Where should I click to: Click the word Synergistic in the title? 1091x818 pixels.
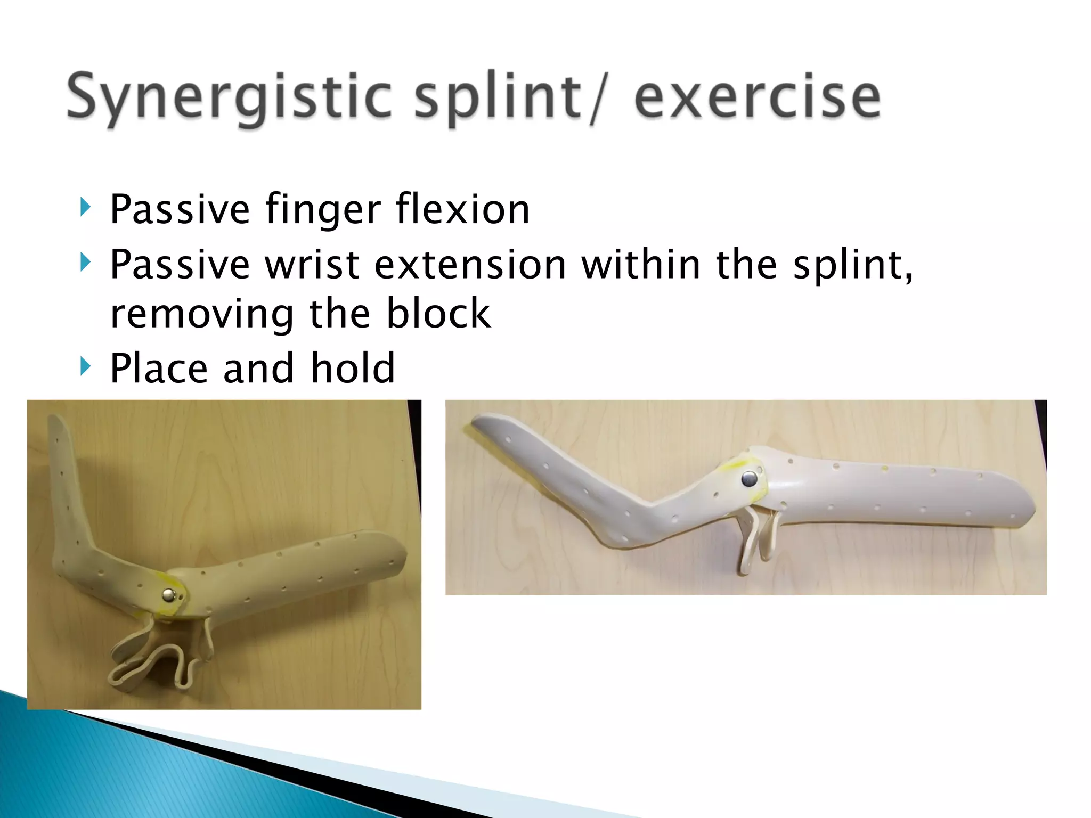coord(229,99)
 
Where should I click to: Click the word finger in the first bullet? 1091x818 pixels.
coord(323,210)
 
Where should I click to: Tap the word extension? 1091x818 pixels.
coord(470,265)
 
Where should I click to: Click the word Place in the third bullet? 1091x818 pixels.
coord(159,369)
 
